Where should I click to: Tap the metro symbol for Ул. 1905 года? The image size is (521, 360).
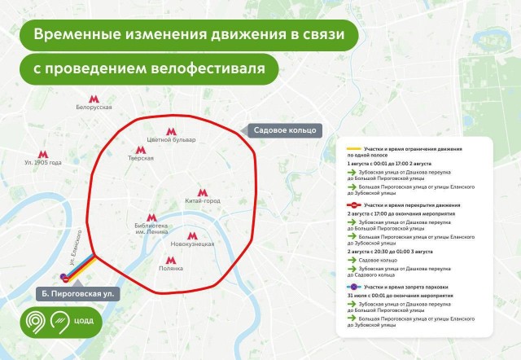click(43, 152)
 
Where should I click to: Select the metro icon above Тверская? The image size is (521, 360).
click(141, 147)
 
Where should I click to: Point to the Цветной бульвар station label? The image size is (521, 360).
click(171, 140)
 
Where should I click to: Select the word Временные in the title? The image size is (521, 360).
click(80, 35)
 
